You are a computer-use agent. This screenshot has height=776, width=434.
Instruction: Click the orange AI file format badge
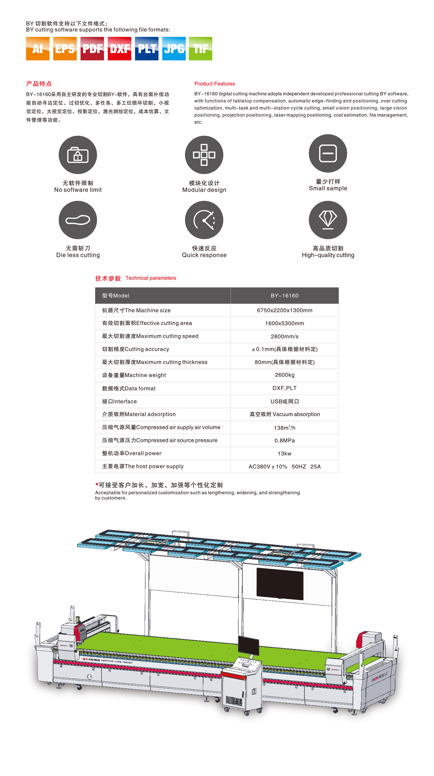click(38, 48)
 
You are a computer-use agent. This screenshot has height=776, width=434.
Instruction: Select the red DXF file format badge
click(119, 48)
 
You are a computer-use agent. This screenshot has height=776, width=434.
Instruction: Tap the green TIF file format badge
click(200, 48)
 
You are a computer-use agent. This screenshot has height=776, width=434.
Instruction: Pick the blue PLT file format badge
click(146, 48)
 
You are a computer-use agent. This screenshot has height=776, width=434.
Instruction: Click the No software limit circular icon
click(78, 155)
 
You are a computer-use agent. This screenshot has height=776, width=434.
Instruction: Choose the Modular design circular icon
click(204, 155)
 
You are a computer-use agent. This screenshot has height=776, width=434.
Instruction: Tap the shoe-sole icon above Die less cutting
click(78, 220)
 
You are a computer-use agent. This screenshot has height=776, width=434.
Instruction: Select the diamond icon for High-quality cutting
click(328, 220)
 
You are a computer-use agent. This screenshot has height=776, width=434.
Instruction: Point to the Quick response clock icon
click(204, 220)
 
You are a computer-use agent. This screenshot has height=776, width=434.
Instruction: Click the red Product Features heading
click(214, 84)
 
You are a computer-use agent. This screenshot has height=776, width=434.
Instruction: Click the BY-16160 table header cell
click(284, 296)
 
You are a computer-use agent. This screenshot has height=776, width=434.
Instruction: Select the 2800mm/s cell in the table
click(284, 336)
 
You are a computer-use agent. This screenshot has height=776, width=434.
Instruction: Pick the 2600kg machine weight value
click(284, 375)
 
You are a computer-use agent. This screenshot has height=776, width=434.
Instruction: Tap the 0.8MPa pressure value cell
click(284, 441)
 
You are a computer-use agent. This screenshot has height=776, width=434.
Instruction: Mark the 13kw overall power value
click(284, 453)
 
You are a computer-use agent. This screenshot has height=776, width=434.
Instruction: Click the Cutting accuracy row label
click(136, 349)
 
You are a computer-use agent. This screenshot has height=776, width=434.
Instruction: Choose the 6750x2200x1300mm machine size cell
click(284, 310)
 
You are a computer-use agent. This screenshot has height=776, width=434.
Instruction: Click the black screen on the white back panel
click(280, 583)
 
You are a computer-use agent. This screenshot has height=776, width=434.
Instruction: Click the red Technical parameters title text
click(151, 278)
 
